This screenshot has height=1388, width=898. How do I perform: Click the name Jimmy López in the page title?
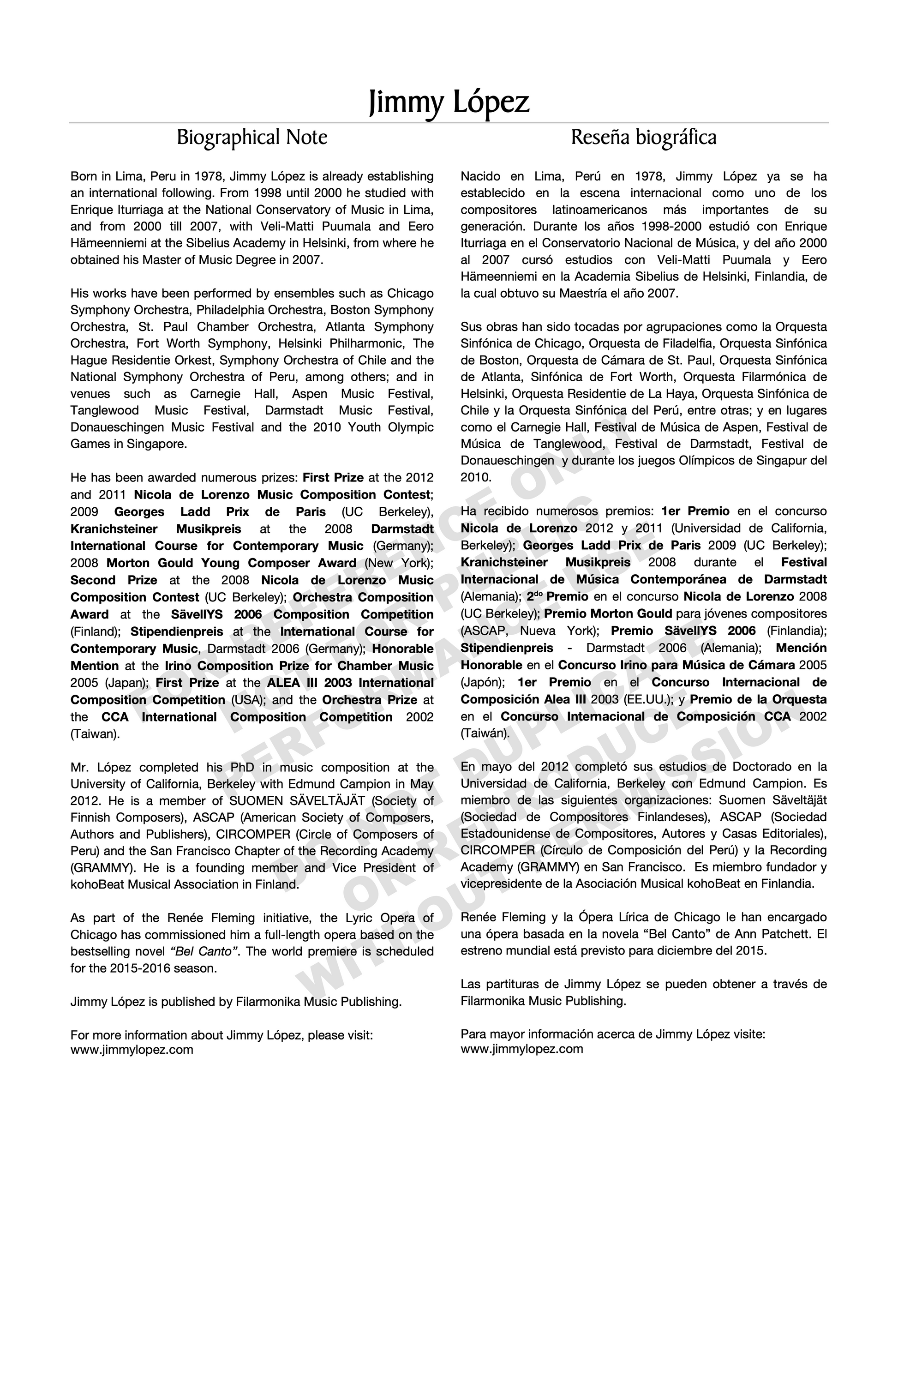pos(449,102)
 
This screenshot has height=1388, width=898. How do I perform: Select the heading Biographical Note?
pos(252,138)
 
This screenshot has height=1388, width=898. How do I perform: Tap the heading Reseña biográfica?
pos(643,138)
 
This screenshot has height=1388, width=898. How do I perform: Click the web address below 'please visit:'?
pos(132,1049)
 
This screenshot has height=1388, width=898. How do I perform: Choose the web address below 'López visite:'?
pos(522,1048)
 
